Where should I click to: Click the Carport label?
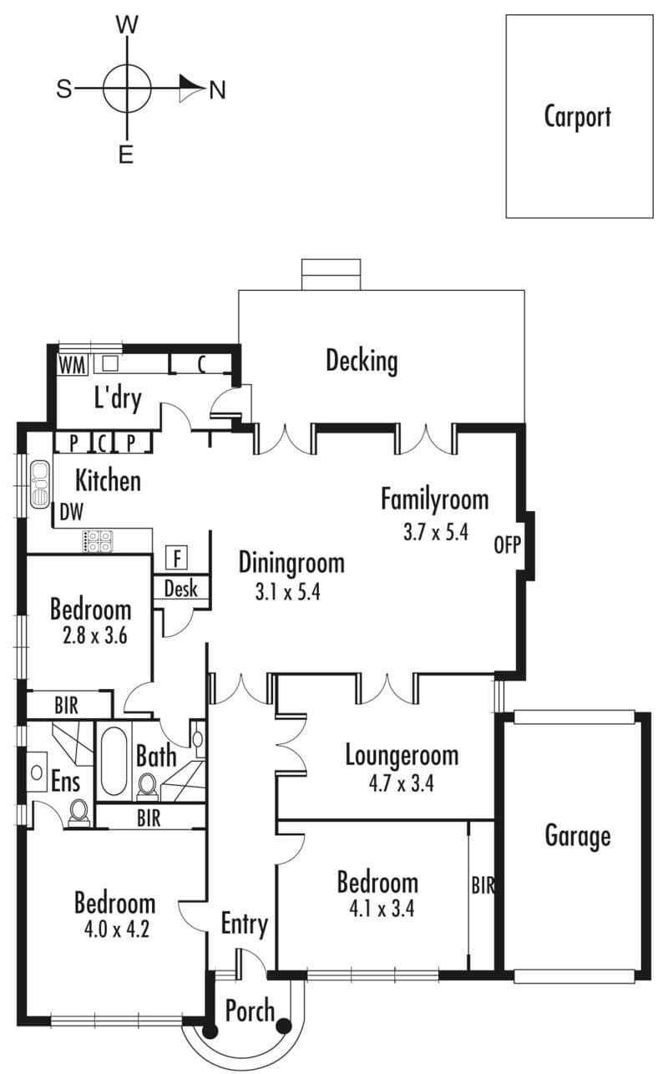coord(577,117)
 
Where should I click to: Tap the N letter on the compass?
coord(217,89)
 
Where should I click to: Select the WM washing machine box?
coord(73,365)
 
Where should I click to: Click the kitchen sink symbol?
coord(40,484)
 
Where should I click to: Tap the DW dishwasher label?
coord(72,512)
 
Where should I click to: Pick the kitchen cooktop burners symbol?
coord(98,541)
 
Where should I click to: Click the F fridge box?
coord(177,558)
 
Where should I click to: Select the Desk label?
coord(180,588)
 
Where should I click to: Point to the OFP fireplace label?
coord(508,545)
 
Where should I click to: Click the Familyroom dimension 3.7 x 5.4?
coord(435,532)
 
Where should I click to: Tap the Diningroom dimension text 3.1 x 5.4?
coord(288,592)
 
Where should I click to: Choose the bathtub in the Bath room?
coord(114,762)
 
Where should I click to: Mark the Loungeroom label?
coord(402,755)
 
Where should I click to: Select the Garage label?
coord(578,836)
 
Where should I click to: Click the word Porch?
coord(250,1011)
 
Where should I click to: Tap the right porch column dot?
coord(285,1026)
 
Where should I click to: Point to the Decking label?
coord(362,362)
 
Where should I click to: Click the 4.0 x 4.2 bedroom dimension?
coord(117,930)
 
